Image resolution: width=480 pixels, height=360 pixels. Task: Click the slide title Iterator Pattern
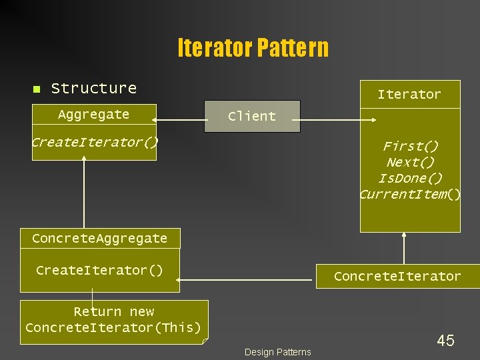coord(253,48)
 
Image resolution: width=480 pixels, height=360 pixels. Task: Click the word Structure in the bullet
coord(93,88)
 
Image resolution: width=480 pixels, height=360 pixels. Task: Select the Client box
coord(252,116)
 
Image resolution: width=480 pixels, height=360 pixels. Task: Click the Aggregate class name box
coord(94,115)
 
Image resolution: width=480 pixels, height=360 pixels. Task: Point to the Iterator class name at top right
coord(409,95)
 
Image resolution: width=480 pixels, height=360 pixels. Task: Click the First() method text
coord(410,146)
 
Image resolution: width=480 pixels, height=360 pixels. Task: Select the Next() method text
coord(410,162)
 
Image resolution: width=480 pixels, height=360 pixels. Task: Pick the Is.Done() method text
coord(410,178)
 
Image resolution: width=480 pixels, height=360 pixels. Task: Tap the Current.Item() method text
coord(410,194)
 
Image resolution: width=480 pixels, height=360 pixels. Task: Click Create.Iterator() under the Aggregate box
coord(95,142)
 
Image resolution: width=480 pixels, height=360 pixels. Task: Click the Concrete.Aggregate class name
coord(99,238)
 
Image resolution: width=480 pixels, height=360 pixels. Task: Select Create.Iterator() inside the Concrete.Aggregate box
coord(99,270)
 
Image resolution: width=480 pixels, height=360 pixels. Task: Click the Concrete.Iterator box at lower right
coord(397,276)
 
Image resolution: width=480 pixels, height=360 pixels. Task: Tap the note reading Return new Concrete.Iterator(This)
coord(114,320)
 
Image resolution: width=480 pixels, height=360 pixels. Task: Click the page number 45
coord(445,341)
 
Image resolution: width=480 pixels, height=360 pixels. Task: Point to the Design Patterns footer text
coord(277,352)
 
